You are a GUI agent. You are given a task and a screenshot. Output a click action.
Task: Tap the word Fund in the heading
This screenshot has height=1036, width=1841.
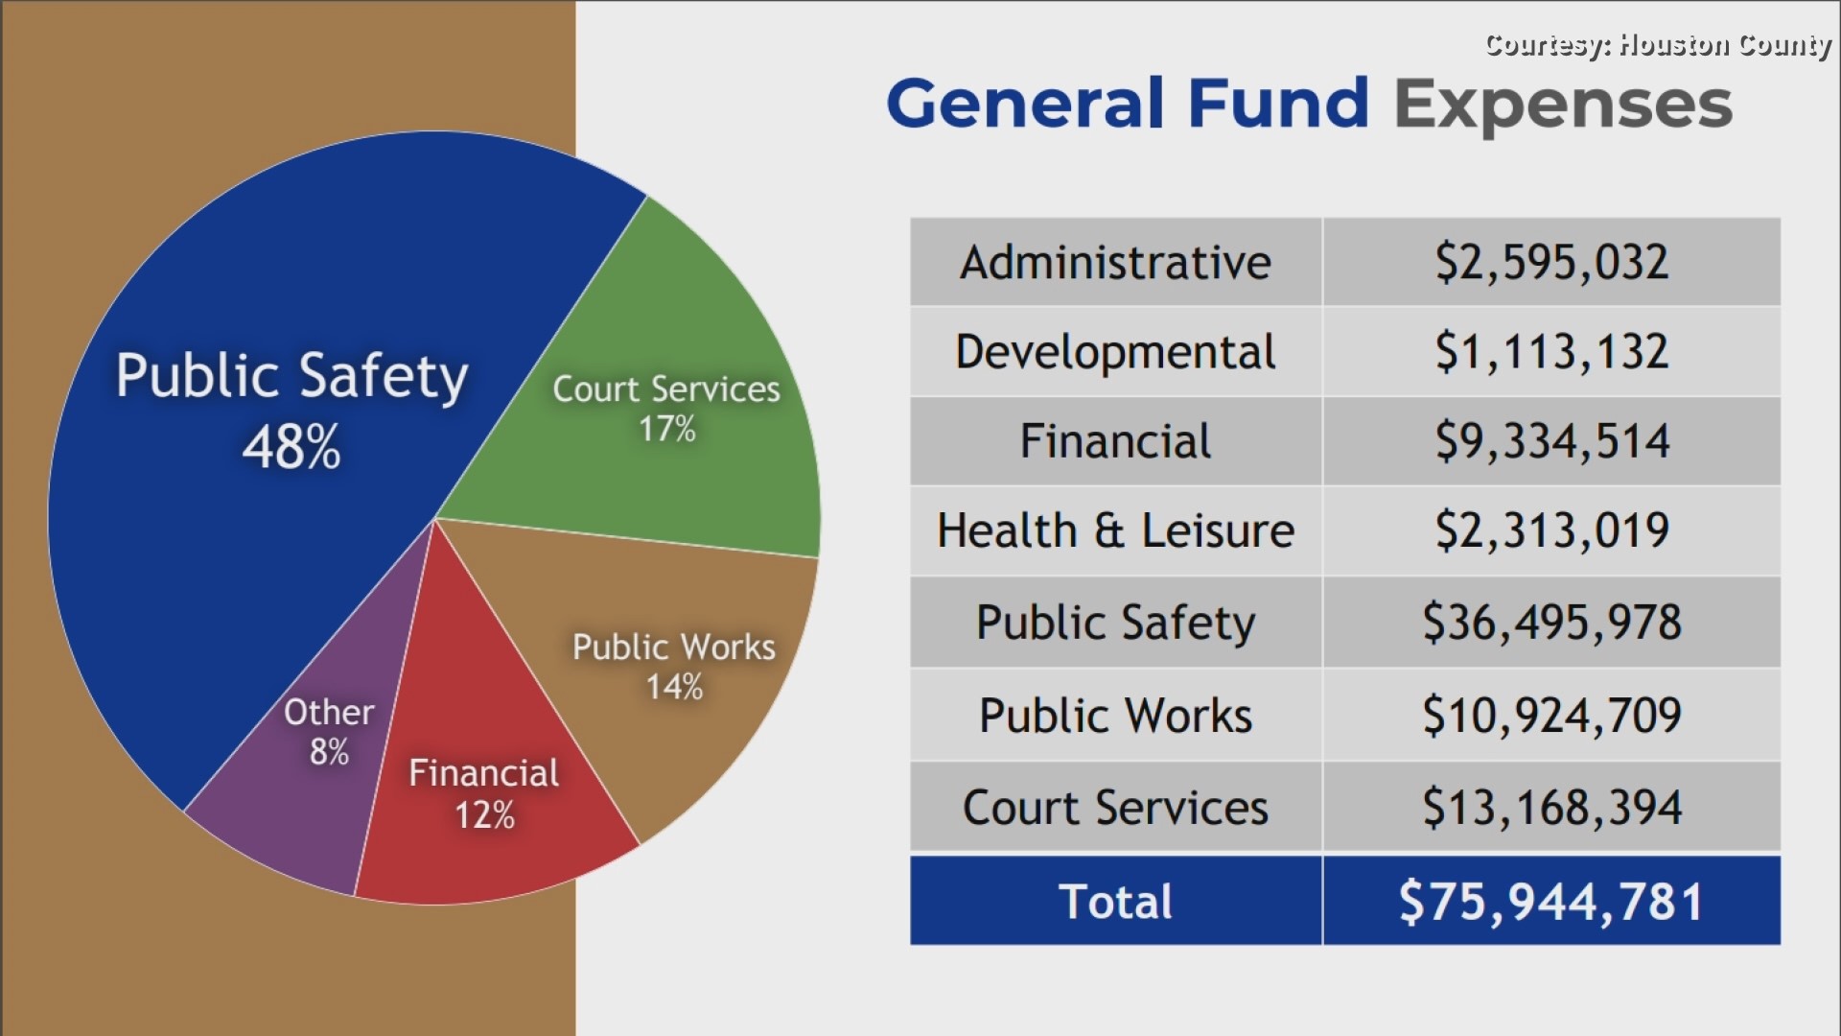coord(1277,104)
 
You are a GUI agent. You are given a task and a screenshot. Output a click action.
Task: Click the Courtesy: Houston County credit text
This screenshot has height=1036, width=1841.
coord(1657,44)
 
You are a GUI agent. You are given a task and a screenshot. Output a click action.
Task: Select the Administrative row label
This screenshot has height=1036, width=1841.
coord(1115,262)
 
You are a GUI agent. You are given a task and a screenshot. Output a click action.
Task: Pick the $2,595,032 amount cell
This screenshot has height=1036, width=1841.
coord(1550,262)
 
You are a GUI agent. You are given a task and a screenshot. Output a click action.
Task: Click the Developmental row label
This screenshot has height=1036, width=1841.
coord(1115,352)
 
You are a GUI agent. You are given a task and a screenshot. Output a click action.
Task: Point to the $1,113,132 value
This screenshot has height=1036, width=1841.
coord(1550,352)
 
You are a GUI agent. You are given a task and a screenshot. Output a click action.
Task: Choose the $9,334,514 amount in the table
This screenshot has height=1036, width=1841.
coord(1550,441)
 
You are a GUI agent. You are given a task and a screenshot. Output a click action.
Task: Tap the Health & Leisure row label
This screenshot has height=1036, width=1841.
coord(1115,530)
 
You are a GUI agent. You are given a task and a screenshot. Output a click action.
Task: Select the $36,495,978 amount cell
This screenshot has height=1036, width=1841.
coord(1550,622)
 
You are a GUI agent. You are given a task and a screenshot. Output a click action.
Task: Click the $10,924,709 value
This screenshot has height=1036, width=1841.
coord(1550,715)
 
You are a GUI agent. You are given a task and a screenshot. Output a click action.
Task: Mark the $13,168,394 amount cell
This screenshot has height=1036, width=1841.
coord(1550,807)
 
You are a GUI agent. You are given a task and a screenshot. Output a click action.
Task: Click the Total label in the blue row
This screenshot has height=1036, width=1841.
coord(1115,902)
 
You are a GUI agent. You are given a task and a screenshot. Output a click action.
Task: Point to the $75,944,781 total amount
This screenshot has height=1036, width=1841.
coord(1550,902)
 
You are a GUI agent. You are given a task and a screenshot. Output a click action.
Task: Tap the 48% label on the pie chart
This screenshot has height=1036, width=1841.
coord(291,448)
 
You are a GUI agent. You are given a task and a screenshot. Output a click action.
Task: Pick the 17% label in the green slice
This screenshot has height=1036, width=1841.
coord(667,429)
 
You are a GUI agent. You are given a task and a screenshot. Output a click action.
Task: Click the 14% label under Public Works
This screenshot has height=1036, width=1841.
coord(674,687)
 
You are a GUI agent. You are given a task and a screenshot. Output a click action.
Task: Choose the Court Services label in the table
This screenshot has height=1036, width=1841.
coord(1115,807)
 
